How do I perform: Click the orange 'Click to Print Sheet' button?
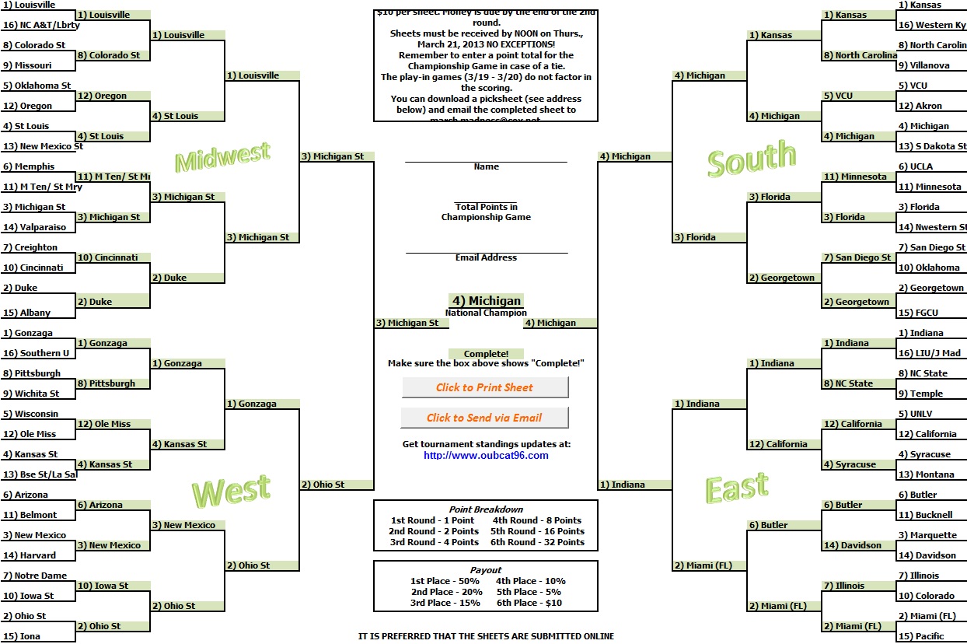tap(485, 387)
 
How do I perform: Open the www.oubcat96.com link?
tap(486, 456)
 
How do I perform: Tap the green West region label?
tap(231, 492)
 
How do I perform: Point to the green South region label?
tap(752, 159)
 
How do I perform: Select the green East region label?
tap(737, 488)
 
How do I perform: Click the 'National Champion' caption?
tap(486, 313)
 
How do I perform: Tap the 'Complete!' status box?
tap(486, 354)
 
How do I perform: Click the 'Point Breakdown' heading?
tap(486, 509)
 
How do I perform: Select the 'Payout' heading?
tap(486, 570)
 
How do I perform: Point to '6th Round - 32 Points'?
tap(537, 542)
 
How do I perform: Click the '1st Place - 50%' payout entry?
tap(445, 581)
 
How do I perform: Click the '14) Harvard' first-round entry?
tap(30, 555)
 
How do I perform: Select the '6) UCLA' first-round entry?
tap(915, 166)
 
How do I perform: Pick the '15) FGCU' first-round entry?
tap(918, 313)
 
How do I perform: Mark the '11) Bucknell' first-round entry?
tap(924, 515)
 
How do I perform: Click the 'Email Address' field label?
tap(486, 257)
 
